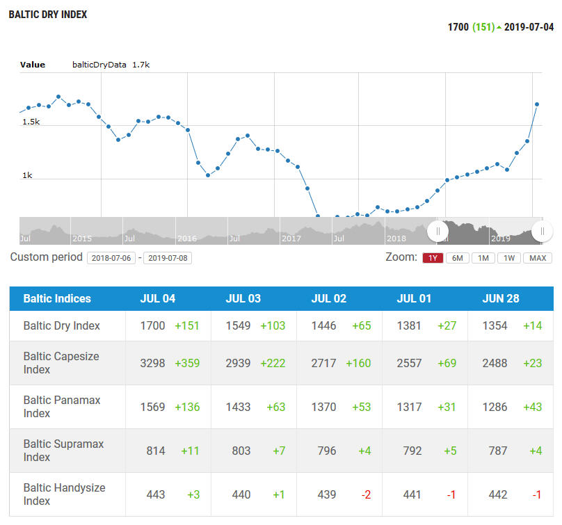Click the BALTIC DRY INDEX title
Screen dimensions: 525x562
click(x=48, y=15)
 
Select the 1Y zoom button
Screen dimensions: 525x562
click(x=432, y=258)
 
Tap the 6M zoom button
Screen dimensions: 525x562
click(x=457, y=258)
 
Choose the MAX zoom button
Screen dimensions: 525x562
click(x=538, y=258)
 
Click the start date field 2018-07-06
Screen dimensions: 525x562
click(x=111, y=258)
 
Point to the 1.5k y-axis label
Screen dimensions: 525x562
click(x=31, y=122)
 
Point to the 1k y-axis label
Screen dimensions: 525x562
click(x=27, y=175)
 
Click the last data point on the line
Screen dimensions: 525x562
click(x=537, y=104)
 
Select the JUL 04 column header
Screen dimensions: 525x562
click(x=158, y=299)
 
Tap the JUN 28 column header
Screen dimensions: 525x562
click(x=500, y=299)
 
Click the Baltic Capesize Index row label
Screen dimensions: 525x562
click(x=61, y=363)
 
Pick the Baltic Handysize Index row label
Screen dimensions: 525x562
click(x=64, y=494)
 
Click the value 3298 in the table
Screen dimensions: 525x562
click(x=152, y=363)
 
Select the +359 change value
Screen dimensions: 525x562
click(x=187, y=363)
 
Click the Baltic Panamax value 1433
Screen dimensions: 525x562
click(x=238, y=407)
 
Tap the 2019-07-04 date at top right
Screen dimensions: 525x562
click(x=529, y=27)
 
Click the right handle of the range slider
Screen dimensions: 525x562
click(x=542, y=231)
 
